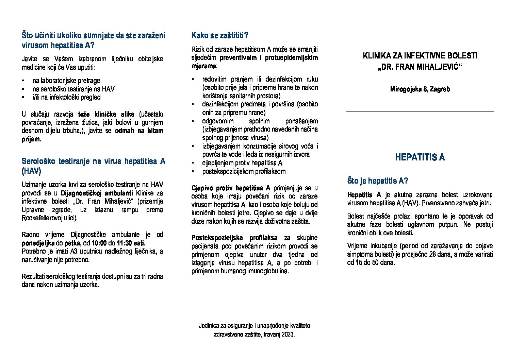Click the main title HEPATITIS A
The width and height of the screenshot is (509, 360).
(x=420, y=157)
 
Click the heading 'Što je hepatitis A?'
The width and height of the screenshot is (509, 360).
(x=377, y=181)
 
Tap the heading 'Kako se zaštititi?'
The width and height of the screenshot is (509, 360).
(x=220, y=35)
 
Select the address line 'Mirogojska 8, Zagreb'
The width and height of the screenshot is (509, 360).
(x=420, y=89)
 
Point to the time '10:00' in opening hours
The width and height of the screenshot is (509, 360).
(x=99, y=243)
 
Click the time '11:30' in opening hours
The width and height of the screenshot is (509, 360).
(x=124, y=243)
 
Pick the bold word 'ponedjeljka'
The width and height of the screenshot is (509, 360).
(x=38, y=243)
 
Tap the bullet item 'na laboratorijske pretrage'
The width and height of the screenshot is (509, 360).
(x=66, y=81)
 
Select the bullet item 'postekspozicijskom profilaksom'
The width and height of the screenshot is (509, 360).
(x=244, y=171)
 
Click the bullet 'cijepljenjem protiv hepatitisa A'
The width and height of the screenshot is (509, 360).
(x=242, y=163)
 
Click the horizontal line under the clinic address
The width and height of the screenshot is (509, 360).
(x=420, y=111)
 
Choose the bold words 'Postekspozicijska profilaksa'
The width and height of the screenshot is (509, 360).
(x=234, y=238)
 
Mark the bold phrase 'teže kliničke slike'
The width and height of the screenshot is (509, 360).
(x=106, y=114)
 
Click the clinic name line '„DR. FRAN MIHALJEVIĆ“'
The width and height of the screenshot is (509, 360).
(x=420, y=67)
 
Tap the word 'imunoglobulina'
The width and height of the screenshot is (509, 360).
(x=268, y=271)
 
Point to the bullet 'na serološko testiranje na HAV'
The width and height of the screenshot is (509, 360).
(x=73, y=89)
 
